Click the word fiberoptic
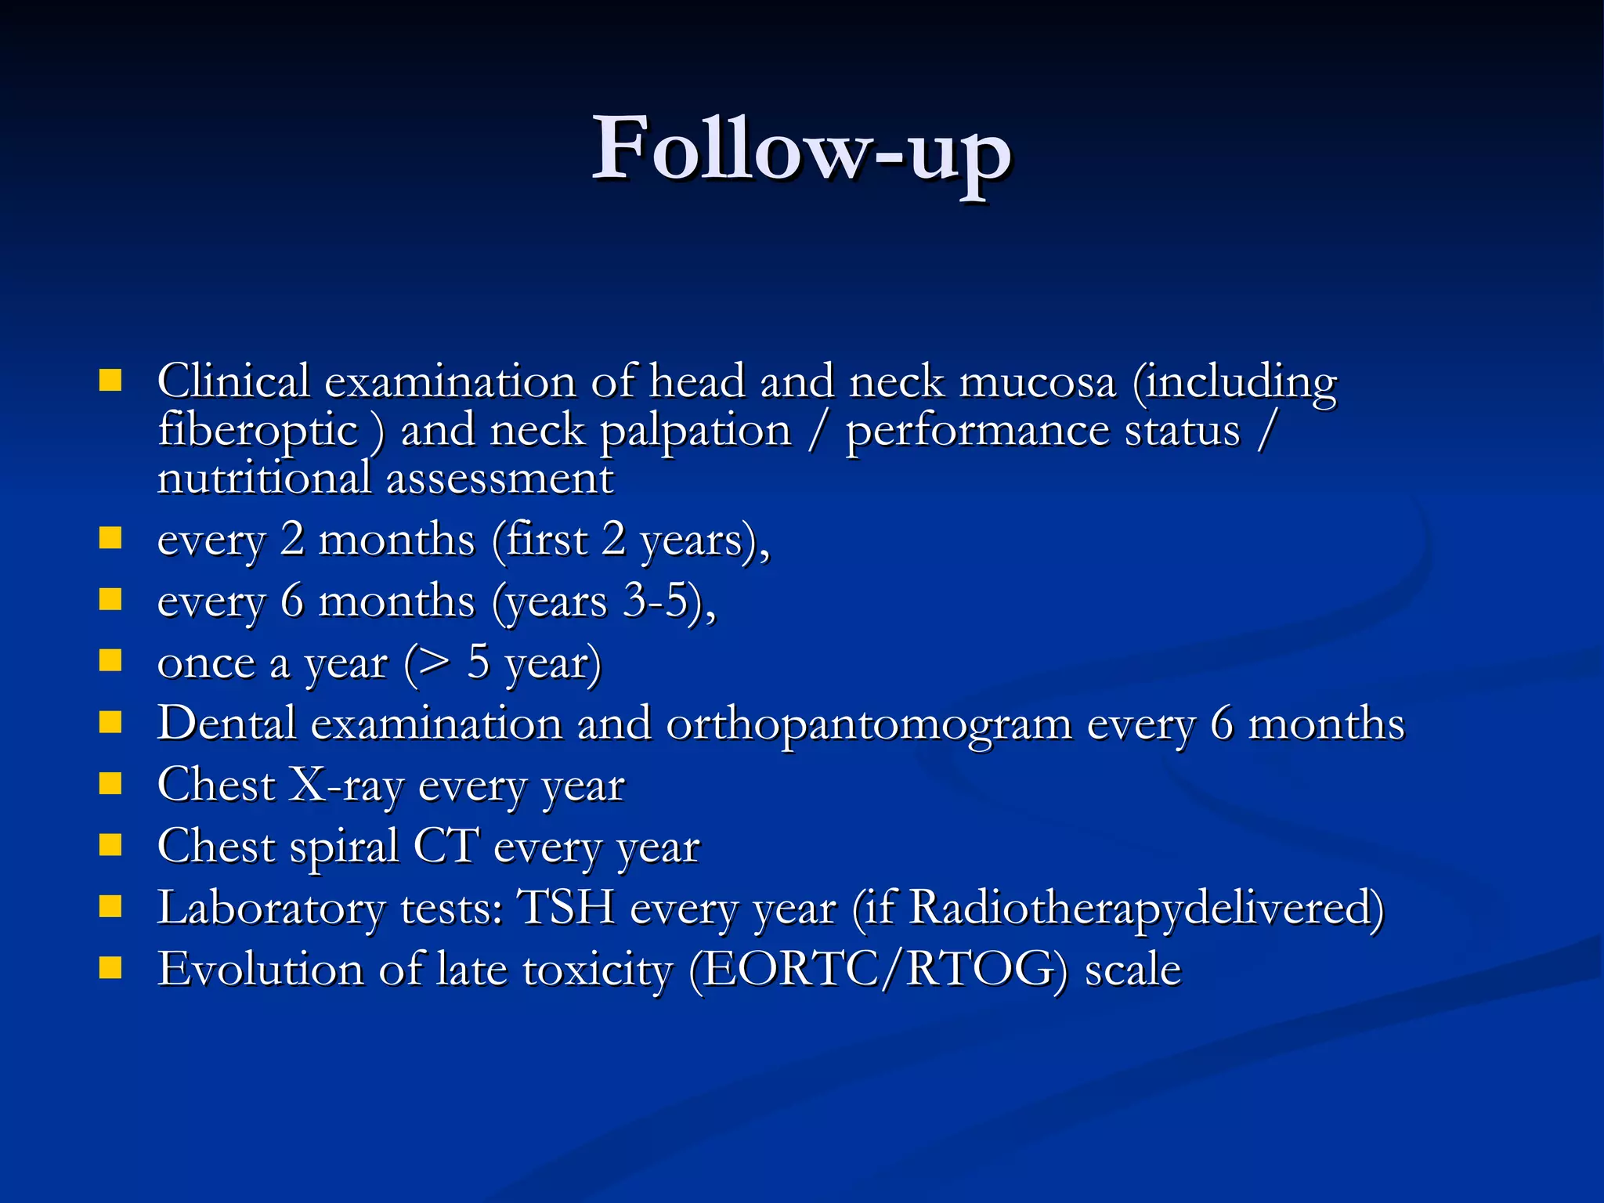click(258, 431)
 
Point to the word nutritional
click(264, 479)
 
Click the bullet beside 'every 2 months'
click(110, 538)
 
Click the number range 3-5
click(655, 601)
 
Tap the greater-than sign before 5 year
click(435, 662)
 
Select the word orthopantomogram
click(869, 723)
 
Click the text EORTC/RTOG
click(878, 970)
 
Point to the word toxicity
click(598, 970)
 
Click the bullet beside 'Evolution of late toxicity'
click(110, 968)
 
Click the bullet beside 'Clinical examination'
click(110, 381)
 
